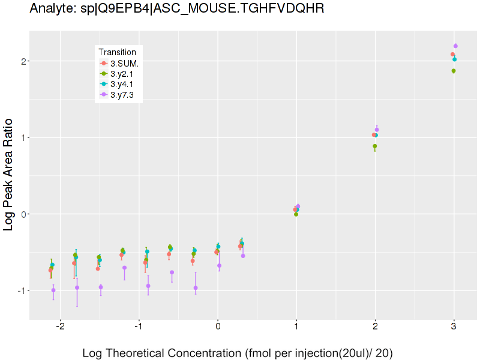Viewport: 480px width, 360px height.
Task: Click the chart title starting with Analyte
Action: pyautogui.click(x=176, y=8)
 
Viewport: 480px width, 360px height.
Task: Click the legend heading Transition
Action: pyautogui.click(x=121, y=52)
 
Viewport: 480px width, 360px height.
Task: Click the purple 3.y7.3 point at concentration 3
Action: pyautogui.click(x=455, y=46)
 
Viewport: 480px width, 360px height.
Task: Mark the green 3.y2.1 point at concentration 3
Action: pyautogui.click(x=454, y=71)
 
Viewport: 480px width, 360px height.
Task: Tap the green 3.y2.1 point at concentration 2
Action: pyautogui.click(x=375, y=146)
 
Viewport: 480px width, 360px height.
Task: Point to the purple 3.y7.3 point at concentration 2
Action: pyautogui.click(x=377, y=130)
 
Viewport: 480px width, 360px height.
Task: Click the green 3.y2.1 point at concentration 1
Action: pyautogui.click(x=296, y=214)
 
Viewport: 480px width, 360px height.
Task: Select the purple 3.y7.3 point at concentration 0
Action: pyautogui.click(x=219, y=266)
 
